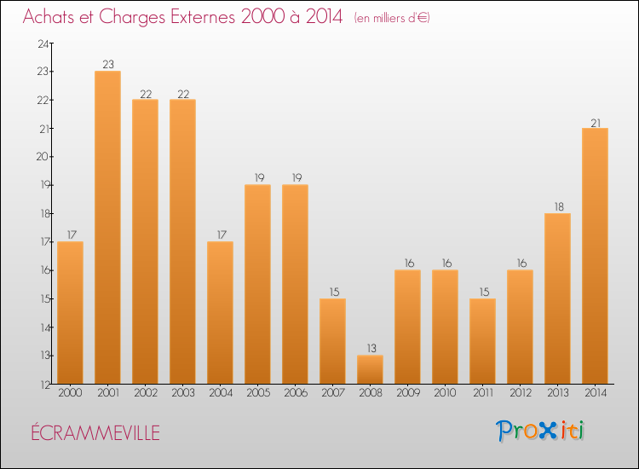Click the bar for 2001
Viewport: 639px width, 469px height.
107,228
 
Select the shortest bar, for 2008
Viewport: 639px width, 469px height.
370,369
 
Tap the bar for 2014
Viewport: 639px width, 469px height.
595,256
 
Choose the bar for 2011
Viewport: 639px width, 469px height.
482,341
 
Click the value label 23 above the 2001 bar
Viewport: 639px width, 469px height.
107,65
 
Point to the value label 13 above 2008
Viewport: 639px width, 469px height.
370,349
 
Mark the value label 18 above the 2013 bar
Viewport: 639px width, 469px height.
557,207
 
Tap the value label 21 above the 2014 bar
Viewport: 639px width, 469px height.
595,122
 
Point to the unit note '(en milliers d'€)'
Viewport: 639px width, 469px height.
392,17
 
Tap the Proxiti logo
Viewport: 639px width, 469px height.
540,431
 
